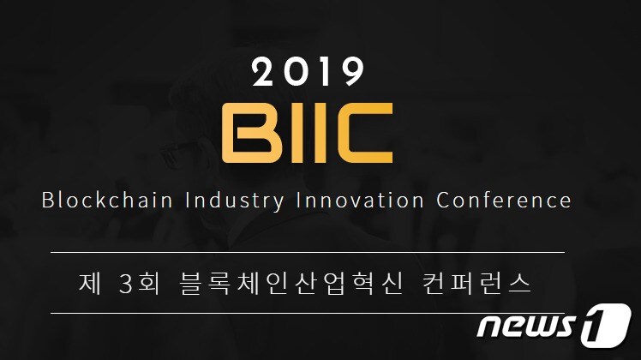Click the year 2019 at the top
tap(308, 74)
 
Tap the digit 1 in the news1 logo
tap(604, 327)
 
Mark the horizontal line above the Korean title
tap(308, 253)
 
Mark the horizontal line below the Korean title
tap(308, 314)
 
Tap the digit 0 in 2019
tap(294, 74)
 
